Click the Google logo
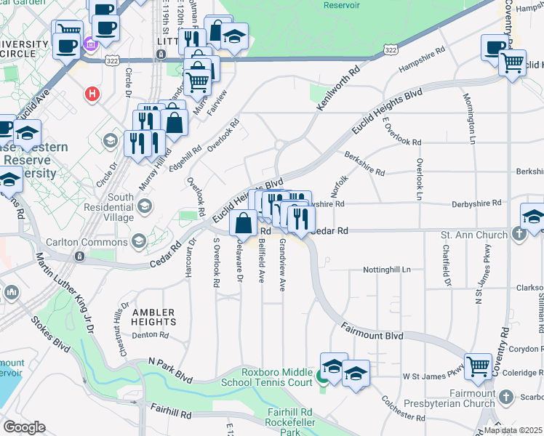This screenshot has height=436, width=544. point(24,427)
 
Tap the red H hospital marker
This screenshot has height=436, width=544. point(92,94)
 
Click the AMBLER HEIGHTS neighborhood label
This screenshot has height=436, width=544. point(153,316)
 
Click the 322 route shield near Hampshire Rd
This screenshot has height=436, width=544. point(391,49)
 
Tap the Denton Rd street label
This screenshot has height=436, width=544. point(151,335)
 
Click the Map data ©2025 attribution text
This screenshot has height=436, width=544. point(512,430)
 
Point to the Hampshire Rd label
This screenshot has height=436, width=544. point(422,65)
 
